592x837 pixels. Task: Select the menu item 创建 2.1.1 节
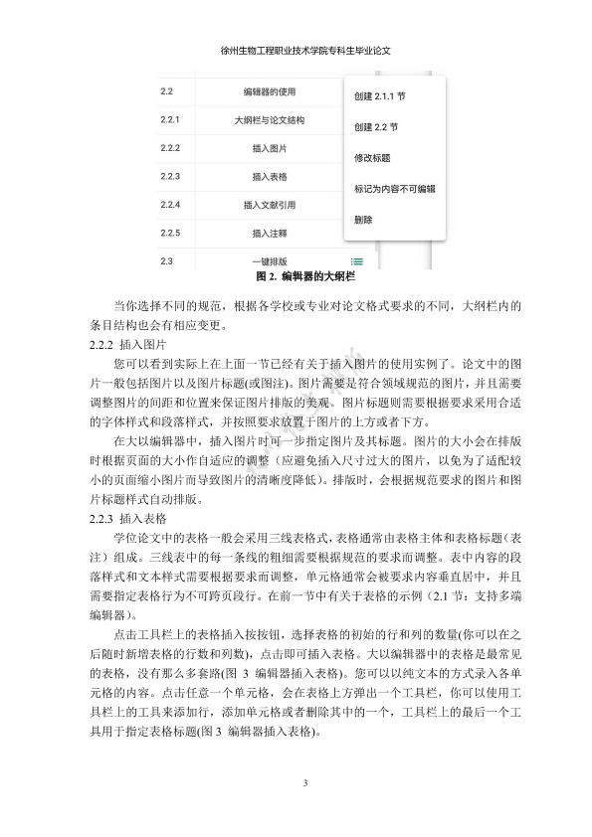point(380,97)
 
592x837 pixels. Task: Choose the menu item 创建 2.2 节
point(376,127)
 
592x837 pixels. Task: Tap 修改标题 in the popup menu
point(372,158)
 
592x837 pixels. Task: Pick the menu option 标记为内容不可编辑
point(394,188)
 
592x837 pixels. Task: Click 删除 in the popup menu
point(363,219)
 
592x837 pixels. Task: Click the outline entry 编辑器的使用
point(270,92)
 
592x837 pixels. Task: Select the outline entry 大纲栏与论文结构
point(270,120)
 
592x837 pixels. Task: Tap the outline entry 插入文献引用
point(270,205)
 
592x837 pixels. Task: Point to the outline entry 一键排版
point(270,261)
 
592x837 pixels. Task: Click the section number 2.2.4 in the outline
point(169,205)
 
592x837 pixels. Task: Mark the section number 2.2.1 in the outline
point(169,120)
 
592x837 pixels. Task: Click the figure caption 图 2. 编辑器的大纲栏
point(296,275)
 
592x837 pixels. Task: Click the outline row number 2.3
point(166,261)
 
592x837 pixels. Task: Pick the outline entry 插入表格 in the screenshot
point(270,177)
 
